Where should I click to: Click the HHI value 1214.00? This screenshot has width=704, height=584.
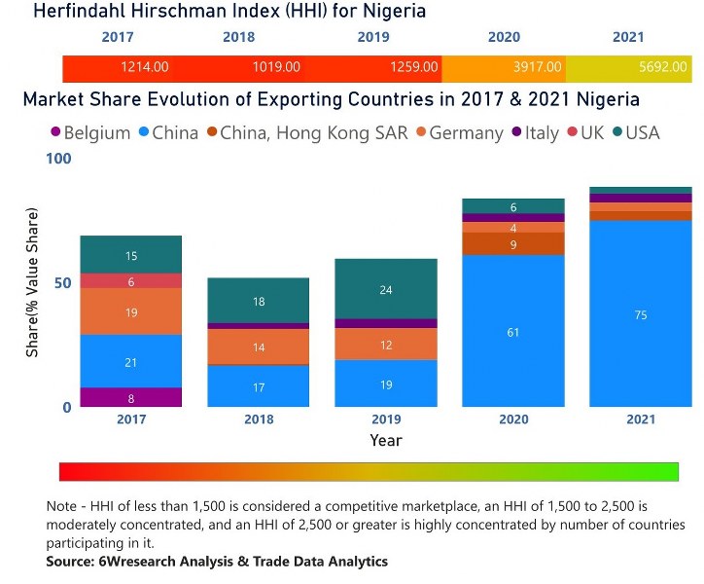coord(144,67)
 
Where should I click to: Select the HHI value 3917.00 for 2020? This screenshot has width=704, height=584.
coord(538,67)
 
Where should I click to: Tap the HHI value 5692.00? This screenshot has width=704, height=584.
coord(664,67)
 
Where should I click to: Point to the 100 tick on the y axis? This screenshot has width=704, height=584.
coord(59,159)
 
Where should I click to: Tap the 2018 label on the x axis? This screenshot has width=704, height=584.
coord(258,419)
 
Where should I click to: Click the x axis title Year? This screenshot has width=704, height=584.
coord(385,440)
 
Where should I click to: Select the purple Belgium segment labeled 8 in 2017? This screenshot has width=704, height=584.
coord(130,397)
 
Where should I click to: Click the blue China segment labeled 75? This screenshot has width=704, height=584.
coord(640,313)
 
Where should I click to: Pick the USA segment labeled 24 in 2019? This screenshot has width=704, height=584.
coord(385,289)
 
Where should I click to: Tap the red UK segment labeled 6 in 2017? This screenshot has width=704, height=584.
coord(130,281)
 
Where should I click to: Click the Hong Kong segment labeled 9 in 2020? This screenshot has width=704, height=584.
coord(512,243)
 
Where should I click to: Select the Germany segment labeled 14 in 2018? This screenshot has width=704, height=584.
coord(258,347)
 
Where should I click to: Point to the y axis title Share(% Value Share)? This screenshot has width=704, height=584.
coord(32,282)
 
